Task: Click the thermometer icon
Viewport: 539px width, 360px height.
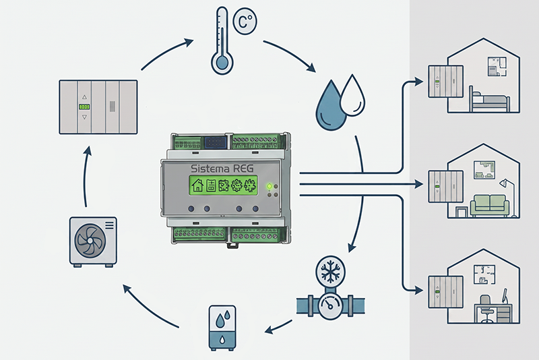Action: pyautogui.click(x=222, y=41)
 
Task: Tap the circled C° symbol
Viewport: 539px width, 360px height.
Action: pyautogui.click(x=245, y=22)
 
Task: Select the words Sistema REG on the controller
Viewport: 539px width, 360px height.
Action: pyautogui.click(x=222, y=169)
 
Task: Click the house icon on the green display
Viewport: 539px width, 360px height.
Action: pyautogui.click(x=197, y=185)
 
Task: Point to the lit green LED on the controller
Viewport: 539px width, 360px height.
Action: pyautogui.click(x=269, y=186)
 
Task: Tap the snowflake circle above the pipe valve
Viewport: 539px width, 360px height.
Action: pyautogui.click(x=330, y=270)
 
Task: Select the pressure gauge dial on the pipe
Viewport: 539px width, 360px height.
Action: pyautogui.click(x=330, y=305)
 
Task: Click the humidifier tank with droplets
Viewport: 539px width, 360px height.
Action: pyautogui.click(x=222, y=328)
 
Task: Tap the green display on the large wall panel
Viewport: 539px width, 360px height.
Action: pyautogui.click(x=84, y=107)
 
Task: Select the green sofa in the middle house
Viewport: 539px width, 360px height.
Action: pyautogui.click(x=490, y=205)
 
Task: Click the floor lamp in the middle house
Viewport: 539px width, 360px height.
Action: pyautogui.click(x=509, y=198)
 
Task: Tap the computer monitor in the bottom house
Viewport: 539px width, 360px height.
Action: pyautogui.click(x=505, y=296)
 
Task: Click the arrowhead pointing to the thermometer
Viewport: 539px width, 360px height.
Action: pyautogui.click(x=189, y=42)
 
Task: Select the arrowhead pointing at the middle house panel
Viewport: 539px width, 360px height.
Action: pyautogui.click(x=419, y=184)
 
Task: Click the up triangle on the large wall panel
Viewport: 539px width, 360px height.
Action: pyautogui.click(x=85, y=97)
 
